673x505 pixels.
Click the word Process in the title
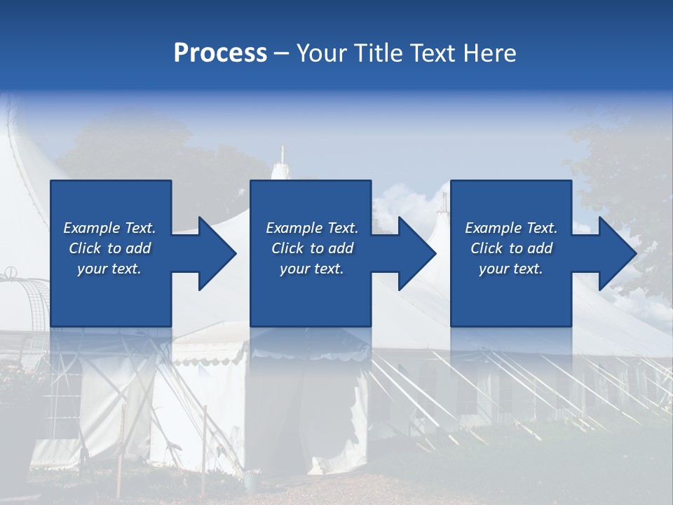[x=220, y=53]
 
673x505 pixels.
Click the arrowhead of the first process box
[x=217, y=253]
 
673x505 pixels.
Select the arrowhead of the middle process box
[x=417, y=253]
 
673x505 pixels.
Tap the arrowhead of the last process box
[x=617, y=253]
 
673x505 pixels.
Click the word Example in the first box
[x=91, y=228]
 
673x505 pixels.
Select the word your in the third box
[x=494, y=269]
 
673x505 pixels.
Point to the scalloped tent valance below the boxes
[x=210, y=358]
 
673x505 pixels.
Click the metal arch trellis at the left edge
[x=21, y=295]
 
